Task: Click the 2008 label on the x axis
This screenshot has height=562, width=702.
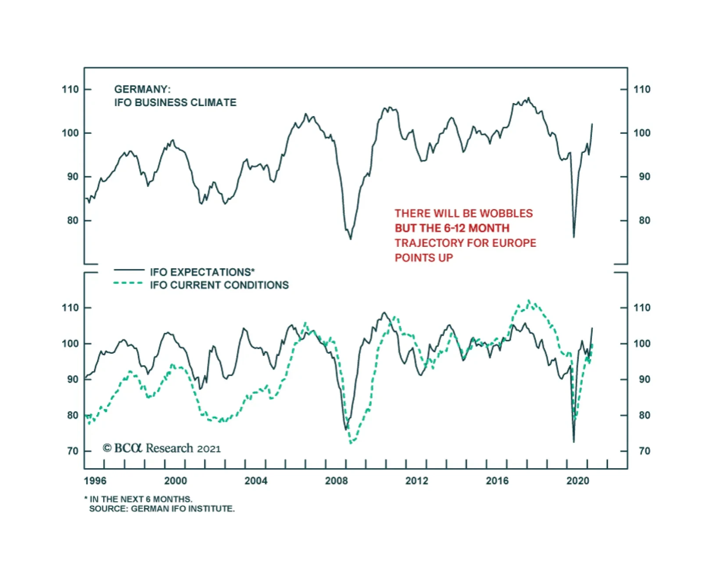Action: click(336, 481)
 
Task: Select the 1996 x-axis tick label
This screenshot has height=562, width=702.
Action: click(95, 481)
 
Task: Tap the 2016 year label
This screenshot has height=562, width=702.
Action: click(497, 481)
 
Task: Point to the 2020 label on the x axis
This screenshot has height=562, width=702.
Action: click(577, 481)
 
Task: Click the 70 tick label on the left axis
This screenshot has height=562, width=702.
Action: click(73, 451)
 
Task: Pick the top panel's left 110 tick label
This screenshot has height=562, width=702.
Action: click(70, 89)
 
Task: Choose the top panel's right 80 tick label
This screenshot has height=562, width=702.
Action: click(644, 221)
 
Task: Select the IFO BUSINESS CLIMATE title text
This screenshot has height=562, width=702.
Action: click(175, 103)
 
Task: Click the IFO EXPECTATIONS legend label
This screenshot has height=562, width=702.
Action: click(202, 272)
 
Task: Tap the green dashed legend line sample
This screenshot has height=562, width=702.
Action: click(129, 283)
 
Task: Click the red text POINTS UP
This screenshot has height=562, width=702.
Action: click(423, 258)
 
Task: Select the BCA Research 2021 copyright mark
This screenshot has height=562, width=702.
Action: click(161, 448)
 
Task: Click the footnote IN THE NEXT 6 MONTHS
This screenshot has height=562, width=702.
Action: click(140, 499)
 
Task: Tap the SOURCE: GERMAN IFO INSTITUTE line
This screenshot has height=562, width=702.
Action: click(161, 509)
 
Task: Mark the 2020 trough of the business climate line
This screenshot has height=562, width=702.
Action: click(574, 237)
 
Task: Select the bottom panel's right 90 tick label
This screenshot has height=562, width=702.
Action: click(644, 380)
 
